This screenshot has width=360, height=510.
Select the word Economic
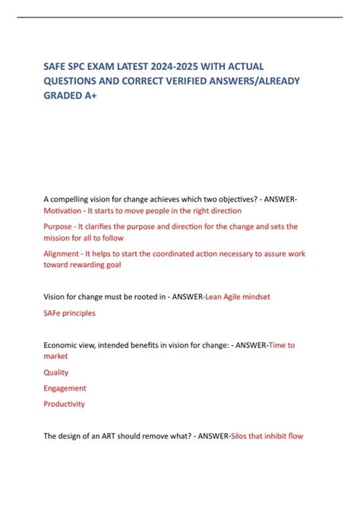(62, 344)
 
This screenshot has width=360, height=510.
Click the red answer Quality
(56, 372)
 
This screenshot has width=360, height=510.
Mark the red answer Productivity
(65, 404)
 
